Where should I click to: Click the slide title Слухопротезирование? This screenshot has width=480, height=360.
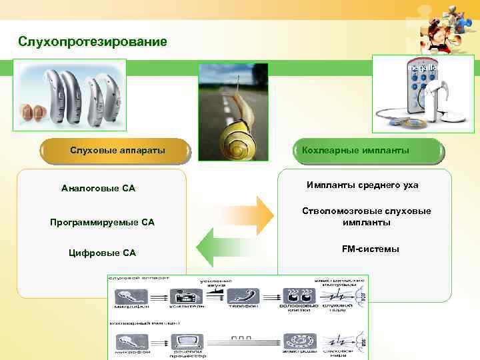click(x=93, y=42)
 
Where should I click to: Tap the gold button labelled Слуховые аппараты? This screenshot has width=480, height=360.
click(x=117, y=151)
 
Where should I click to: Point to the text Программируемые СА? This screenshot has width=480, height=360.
click(x=102, y=222)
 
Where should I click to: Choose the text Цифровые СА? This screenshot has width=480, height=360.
click(x=103, y=253)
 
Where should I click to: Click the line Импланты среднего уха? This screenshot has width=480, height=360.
click(x=363, y=185)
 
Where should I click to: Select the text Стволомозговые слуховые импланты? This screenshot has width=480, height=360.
click(x=367, y=217)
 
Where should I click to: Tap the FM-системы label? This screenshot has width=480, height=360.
click(x=370, y=249)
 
